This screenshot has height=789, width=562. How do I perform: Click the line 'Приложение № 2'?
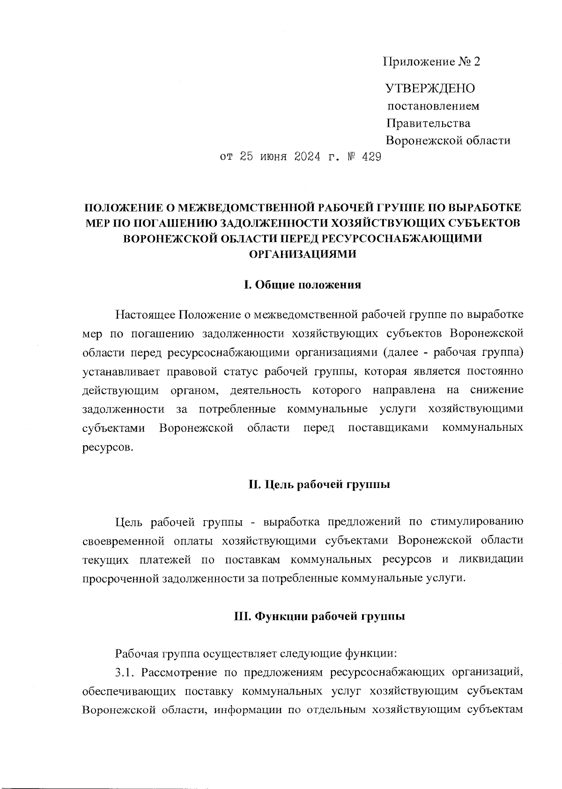pyautogui.click(x=431, y=62)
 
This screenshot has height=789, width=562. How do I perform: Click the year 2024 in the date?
pyautogui.click(x=308, y=157)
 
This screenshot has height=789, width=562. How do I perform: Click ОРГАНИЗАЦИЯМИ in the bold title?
pyautogui.click(x=302, y=254)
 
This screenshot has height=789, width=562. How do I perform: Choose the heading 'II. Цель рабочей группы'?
pyautogui.click(x=319, y=484)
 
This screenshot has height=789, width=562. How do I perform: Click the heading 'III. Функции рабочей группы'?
pyautogui.click(x=319, y=616)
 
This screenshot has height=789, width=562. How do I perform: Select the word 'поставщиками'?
pyautogui.click(x=388, y=428)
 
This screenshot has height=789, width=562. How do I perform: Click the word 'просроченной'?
pyautogui.click(x=119, y=578)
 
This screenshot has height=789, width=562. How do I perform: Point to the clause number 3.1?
pyautogui.click(x=126, y=673)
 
